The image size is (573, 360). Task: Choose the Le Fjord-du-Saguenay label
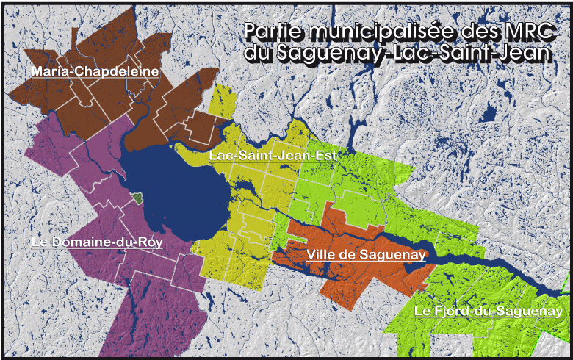[x=489, y=312]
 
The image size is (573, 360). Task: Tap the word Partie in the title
[x=272, y=32]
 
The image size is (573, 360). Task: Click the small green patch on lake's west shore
[x=137, y=198]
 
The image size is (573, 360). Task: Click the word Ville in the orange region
[x=320, y=254]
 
